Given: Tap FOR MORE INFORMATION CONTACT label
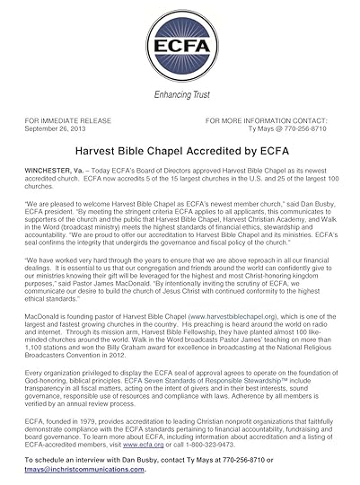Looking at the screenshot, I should click(270, 119).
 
